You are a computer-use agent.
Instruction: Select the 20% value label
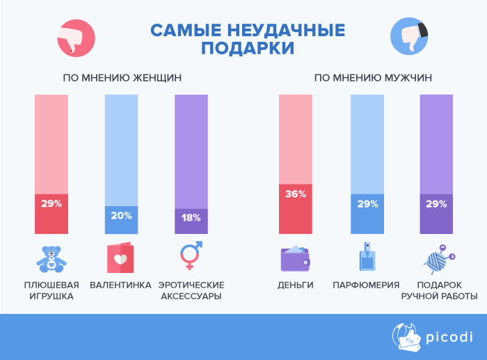[121, 216]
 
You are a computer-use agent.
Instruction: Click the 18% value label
[191, 217]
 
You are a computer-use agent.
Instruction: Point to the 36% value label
[296, 194]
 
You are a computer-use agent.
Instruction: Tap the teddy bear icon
[51, 258]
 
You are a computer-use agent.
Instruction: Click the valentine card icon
[121, 258]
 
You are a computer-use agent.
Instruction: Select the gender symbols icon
[191, 256]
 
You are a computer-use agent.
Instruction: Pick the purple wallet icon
[296, 258]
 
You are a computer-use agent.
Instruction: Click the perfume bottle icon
[366, 258]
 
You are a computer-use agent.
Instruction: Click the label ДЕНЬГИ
[296, 285]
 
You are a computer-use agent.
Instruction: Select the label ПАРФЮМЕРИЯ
[366, 285]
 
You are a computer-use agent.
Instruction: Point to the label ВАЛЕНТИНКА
[121, 285]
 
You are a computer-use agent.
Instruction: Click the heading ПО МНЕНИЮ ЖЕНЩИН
[122, 78]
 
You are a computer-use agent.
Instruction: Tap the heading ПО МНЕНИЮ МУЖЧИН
[374, 78]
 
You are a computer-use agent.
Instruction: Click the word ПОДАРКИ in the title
[248, 49]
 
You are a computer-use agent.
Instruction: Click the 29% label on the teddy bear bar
[51, 204]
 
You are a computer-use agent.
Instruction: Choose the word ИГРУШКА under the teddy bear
[51, 296]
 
